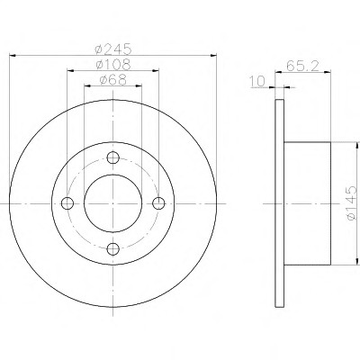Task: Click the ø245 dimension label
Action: (x=112, y=49)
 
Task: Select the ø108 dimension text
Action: (x=112, y=64)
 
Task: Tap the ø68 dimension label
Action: (x=112, y=80)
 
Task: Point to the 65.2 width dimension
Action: (x=301, y=66)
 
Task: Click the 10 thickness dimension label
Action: (x=257, y=81)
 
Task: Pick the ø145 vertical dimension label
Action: (x=352, y=203)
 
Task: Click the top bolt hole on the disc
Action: (x=113, y=157)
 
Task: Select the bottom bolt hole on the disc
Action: (x=113, y=248)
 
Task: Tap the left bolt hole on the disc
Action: (x=67, y=203)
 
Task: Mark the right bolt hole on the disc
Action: (x=158, y=203)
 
